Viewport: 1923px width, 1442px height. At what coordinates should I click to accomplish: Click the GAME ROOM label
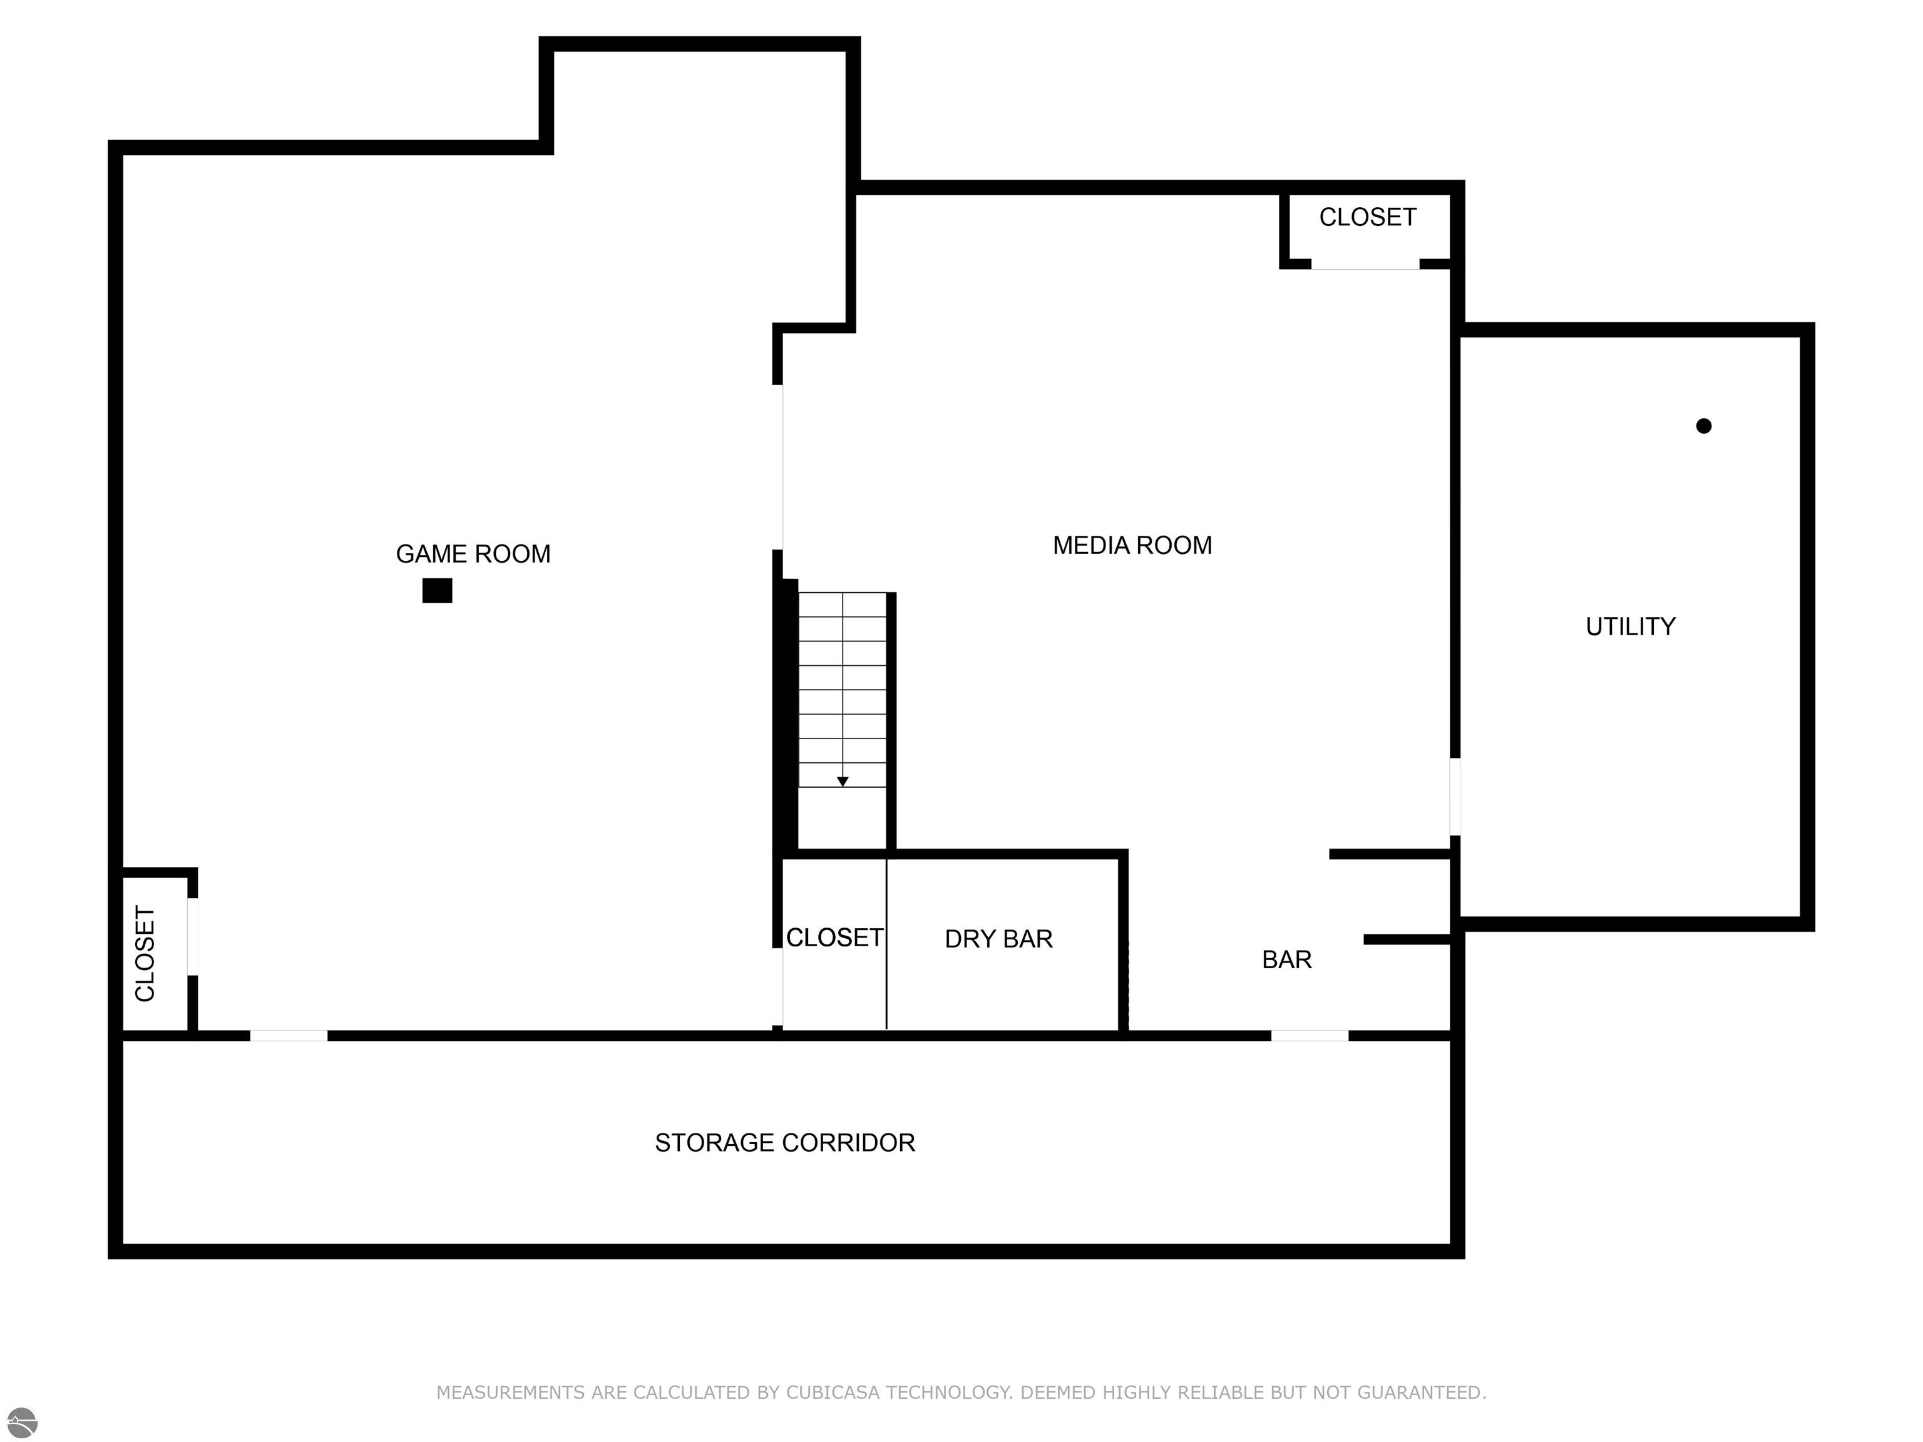point(473,555)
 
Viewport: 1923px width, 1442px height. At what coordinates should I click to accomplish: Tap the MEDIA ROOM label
point(1132,546)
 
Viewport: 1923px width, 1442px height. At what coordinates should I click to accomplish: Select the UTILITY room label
point(1630,626)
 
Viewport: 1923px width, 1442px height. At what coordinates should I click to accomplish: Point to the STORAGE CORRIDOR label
point(785,1143)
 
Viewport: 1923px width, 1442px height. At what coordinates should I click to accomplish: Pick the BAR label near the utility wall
point(1286,959)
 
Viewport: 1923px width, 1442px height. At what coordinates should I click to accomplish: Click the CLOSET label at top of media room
point(1368,217)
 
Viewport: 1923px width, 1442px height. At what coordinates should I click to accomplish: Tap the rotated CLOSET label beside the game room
point(145,954)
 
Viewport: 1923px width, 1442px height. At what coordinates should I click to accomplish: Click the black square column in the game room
point(438,591)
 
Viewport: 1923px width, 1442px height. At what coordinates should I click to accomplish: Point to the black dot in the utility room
point(1704,426)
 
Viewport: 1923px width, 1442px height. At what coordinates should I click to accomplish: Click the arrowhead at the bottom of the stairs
point(843,782)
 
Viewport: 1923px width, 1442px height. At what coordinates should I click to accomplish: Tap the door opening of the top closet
point(1365,264)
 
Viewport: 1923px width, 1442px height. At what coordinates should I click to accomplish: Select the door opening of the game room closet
point(193,937)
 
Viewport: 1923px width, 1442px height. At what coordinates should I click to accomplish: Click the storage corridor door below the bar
point(1310,1036)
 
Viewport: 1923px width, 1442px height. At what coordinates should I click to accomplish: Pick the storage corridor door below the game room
point(289,1036)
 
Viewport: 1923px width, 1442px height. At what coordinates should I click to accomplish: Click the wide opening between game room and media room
point(778,468)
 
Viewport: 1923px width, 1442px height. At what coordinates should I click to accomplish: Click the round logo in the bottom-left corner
point(23,1423)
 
